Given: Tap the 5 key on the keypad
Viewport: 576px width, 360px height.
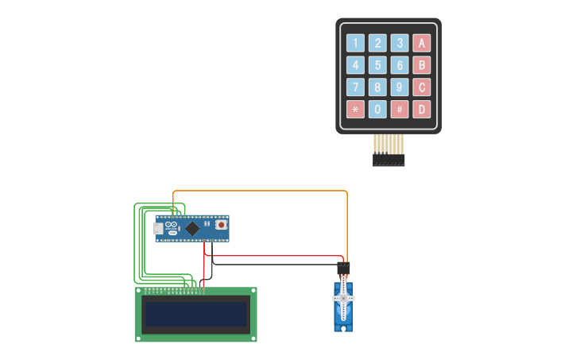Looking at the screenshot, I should click(x=377, y=65).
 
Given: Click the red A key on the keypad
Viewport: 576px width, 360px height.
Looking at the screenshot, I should click(x=422, y=43).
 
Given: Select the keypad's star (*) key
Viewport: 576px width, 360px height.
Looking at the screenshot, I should click(x=355, y=109).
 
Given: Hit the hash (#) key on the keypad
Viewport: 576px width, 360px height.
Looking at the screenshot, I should click(x=400, y=109).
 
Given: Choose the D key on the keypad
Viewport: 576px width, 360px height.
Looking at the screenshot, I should click(x=422, y=109).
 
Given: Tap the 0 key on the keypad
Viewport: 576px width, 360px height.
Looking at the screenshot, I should click(x=377, y=109).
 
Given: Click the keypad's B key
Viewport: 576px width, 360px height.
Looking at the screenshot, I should click(x=422, y=65).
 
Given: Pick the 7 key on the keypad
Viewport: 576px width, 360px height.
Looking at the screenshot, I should click(x=355, y=87).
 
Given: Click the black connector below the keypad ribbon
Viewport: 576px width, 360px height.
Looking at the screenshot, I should click(x=389, y=161).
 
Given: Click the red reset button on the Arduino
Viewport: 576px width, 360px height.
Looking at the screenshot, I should click(x=220, y=226).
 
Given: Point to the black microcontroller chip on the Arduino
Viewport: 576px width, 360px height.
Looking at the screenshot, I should click(x=192, y=228).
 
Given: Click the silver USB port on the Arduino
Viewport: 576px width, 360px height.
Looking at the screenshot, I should click(x=157, y=229).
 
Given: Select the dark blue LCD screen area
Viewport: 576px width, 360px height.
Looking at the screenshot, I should click(x=195, y=315).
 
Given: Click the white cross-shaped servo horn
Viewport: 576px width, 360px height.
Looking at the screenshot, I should click(x=343, y=299).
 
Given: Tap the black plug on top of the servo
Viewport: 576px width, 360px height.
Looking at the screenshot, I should click(x=343, y=268).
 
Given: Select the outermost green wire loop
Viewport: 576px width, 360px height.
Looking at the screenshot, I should click(x=134, y=246).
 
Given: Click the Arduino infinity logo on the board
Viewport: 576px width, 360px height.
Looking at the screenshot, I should click(x=173, y=223).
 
